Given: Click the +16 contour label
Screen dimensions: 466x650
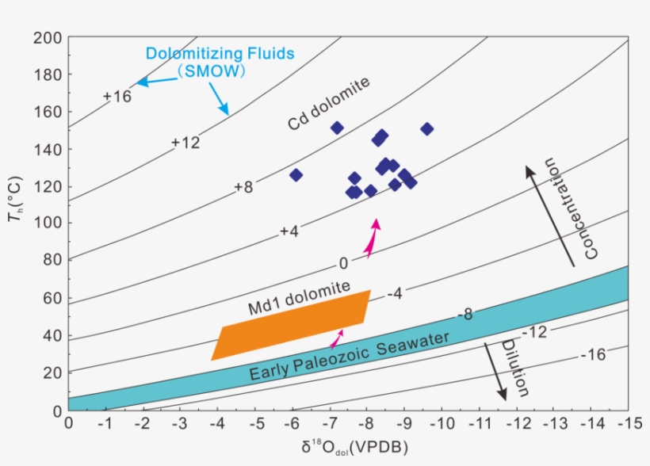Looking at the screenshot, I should point(117,97).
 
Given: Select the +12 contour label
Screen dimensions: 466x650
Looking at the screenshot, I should point(185,143).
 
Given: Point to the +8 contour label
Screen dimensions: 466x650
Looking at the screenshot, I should point(243,187).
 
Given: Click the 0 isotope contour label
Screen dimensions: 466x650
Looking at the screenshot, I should point(343,263).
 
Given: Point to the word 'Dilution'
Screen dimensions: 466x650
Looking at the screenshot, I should point(514,368).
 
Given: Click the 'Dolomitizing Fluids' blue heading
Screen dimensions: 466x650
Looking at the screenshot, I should point(220,54).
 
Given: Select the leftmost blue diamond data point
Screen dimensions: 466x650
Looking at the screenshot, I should point(296,175).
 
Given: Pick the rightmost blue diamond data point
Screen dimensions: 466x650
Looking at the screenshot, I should point(427,128).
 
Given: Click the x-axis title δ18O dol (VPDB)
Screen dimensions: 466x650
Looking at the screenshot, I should point(350,449).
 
